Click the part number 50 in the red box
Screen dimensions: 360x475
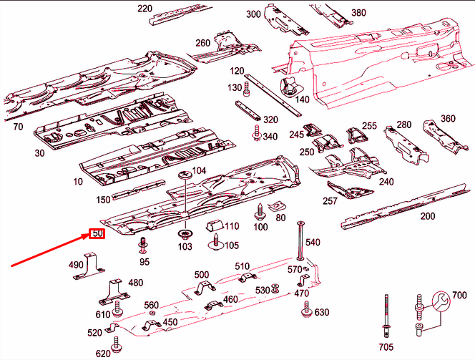(97, 233)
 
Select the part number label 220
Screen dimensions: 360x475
(145, 9)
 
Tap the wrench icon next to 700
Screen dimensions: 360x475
(439, 300)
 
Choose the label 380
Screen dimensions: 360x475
(358, 13)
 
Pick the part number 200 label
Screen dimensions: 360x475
(428, 216)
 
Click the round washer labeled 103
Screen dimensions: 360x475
(186, 233)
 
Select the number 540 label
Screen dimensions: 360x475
(313, 243)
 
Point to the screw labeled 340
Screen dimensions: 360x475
(255, 132)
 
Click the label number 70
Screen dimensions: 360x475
(18, 127)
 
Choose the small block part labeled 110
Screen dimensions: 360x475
(214, 227)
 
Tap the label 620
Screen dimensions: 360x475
(103, 354)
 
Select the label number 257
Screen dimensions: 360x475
(330, 202)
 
